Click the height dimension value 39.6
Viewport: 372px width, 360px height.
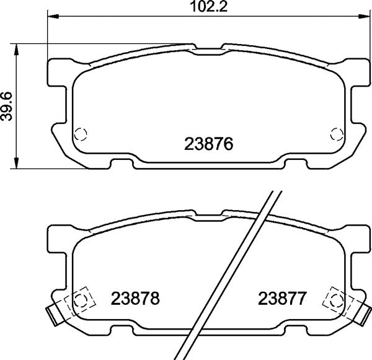click(7, 105)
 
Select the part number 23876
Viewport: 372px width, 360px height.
click(208, 145)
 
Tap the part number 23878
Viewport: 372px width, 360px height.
click(136, 299)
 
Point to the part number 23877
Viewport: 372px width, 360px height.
click(282, 299)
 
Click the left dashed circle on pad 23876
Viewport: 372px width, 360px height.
click(81, 134)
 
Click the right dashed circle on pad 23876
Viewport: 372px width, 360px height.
click(337, 134)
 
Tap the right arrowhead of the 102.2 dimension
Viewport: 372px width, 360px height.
click(363, 15)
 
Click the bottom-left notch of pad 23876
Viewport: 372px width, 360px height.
click(121, 164)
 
